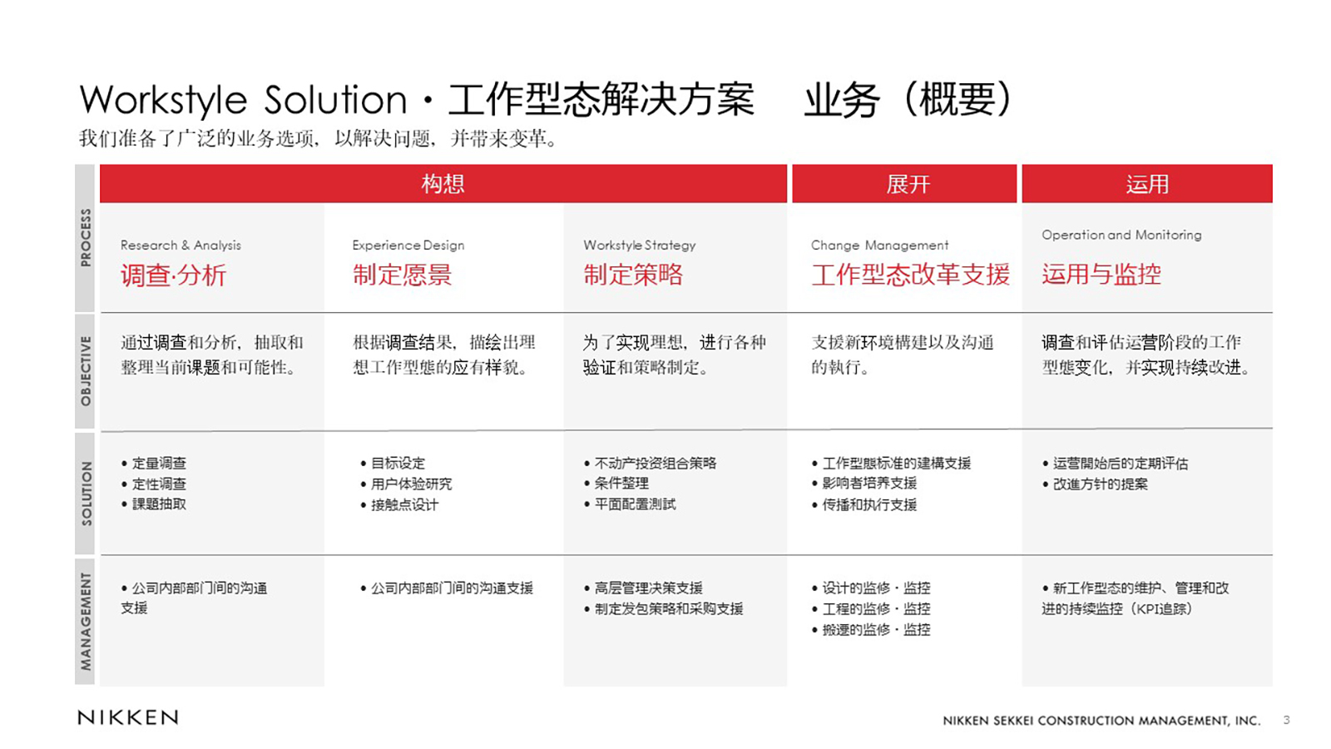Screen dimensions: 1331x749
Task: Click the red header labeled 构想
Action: click(x=443, y=184)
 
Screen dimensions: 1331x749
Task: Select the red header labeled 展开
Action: click(x=904, y=184)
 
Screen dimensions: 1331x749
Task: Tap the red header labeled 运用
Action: click(x=1147, y=184)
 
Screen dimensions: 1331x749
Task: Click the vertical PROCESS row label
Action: click(x=86, y=238)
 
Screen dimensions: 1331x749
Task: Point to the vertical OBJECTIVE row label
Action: click(x=86, y=371)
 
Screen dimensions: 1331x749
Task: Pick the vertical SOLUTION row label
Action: click(x=86, y=494)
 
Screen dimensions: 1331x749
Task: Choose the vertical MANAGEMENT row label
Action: click(x=86, y=621)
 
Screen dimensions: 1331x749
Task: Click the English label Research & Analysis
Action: click(x=181, y=245)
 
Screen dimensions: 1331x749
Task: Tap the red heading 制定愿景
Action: click(x=403, y=275)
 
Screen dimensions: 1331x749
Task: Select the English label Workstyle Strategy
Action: click(x=640, y=245)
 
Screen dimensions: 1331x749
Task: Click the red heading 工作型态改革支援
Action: click(x=910, y=275)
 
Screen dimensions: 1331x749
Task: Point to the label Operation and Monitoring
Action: click(x=1121, y=235)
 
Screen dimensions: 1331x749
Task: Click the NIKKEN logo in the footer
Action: click(x=128, y=717)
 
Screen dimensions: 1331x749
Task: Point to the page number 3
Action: click(x=1286, y=720)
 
